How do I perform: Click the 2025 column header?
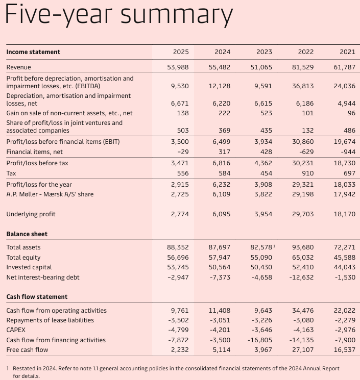click(181, 52)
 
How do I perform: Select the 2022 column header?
click(306, 52)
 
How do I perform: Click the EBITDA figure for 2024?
click(220, 86)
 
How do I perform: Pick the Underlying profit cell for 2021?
click(345, 214)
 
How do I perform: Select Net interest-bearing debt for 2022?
click(301, 277)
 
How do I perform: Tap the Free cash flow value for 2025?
click(179, 350)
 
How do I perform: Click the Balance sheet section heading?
click(27, 234)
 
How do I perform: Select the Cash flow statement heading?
click(37, 297)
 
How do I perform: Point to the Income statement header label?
click(33, 52)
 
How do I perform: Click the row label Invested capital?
click(29, 267)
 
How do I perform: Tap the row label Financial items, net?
click(34, 152)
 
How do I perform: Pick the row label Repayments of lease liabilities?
click(50, 320)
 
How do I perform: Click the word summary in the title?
click(177, 15)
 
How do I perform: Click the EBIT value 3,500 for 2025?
click(180, 142)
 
